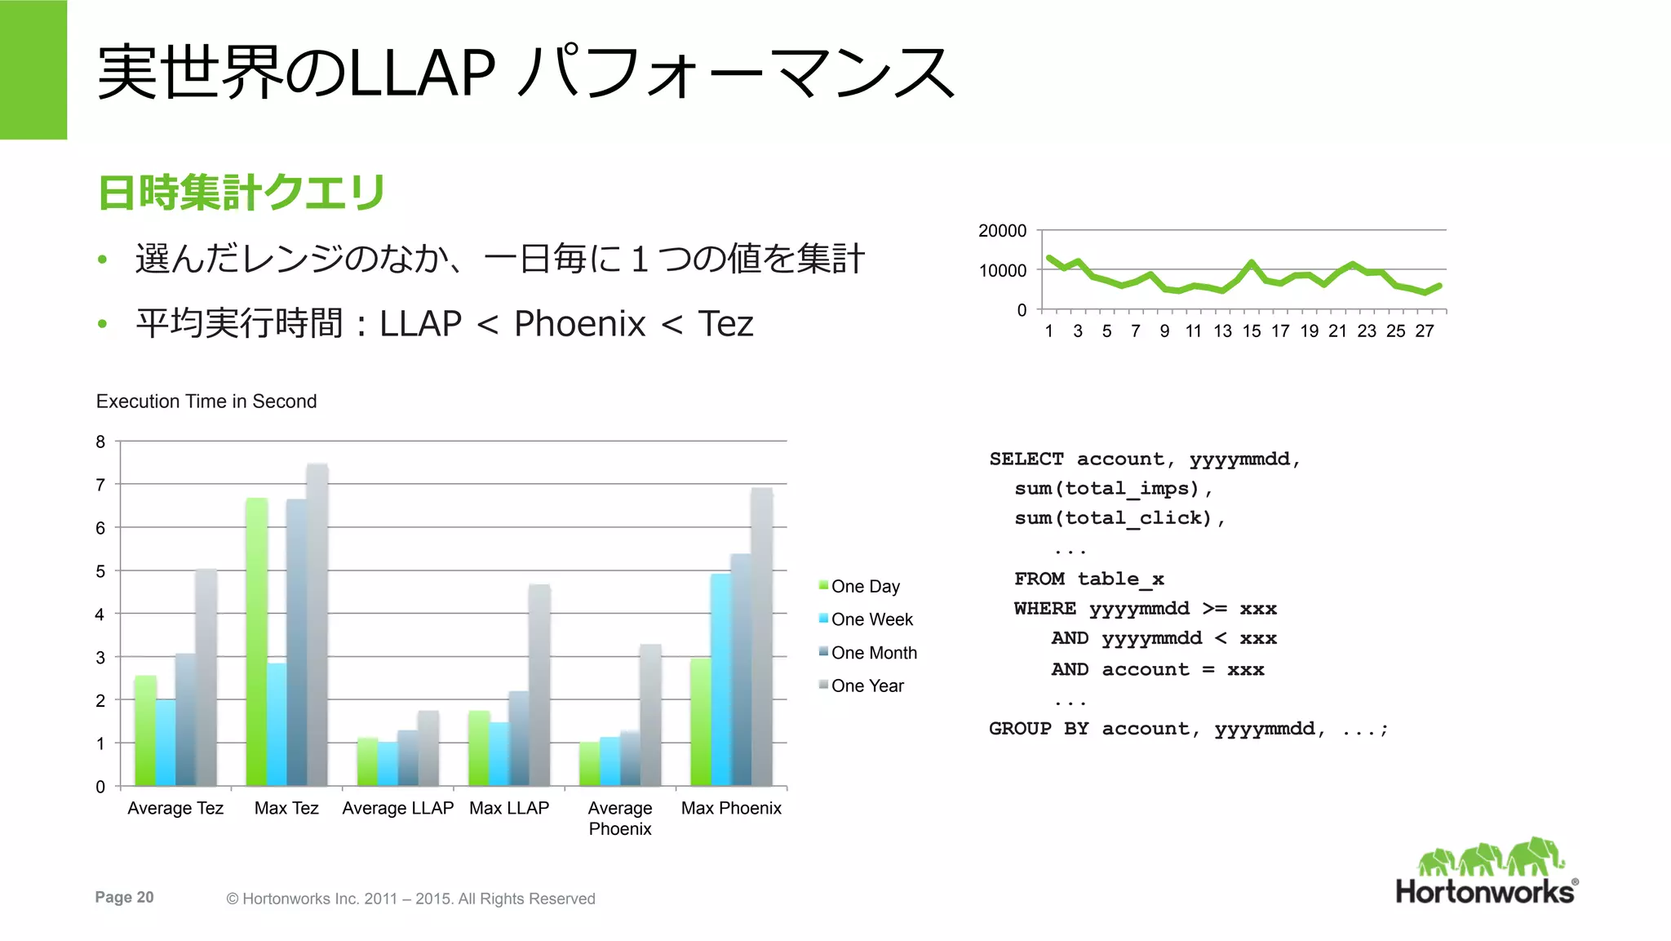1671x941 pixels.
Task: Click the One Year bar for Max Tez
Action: [317, 625]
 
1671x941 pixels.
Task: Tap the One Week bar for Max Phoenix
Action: [720, 680]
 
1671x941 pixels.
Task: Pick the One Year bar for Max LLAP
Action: [539, 686]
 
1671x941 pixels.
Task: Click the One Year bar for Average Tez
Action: [206, 677]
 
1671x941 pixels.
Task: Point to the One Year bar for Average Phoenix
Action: [650, 715]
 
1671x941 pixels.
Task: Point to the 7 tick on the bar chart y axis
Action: [100, 485]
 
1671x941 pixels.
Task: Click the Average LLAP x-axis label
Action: [397, 808]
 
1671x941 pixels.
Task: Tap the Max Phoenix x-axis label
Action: [731, 808]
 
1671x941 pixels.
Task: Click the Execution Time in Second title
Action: [206, 402]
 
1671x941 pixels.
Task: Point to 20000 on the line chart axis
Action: [1002, 231]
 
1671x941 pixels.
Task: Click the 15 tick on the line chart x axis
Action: [1252, 331]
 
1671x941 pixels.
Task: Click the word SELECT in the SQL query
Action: [1026, 459]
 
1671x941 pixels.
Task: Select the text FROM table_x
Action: [1088, 579]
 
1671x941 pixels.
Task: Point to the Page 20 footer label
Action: [124, 897]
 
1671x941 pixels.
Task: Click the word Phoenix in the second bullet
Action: [579, 324]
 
